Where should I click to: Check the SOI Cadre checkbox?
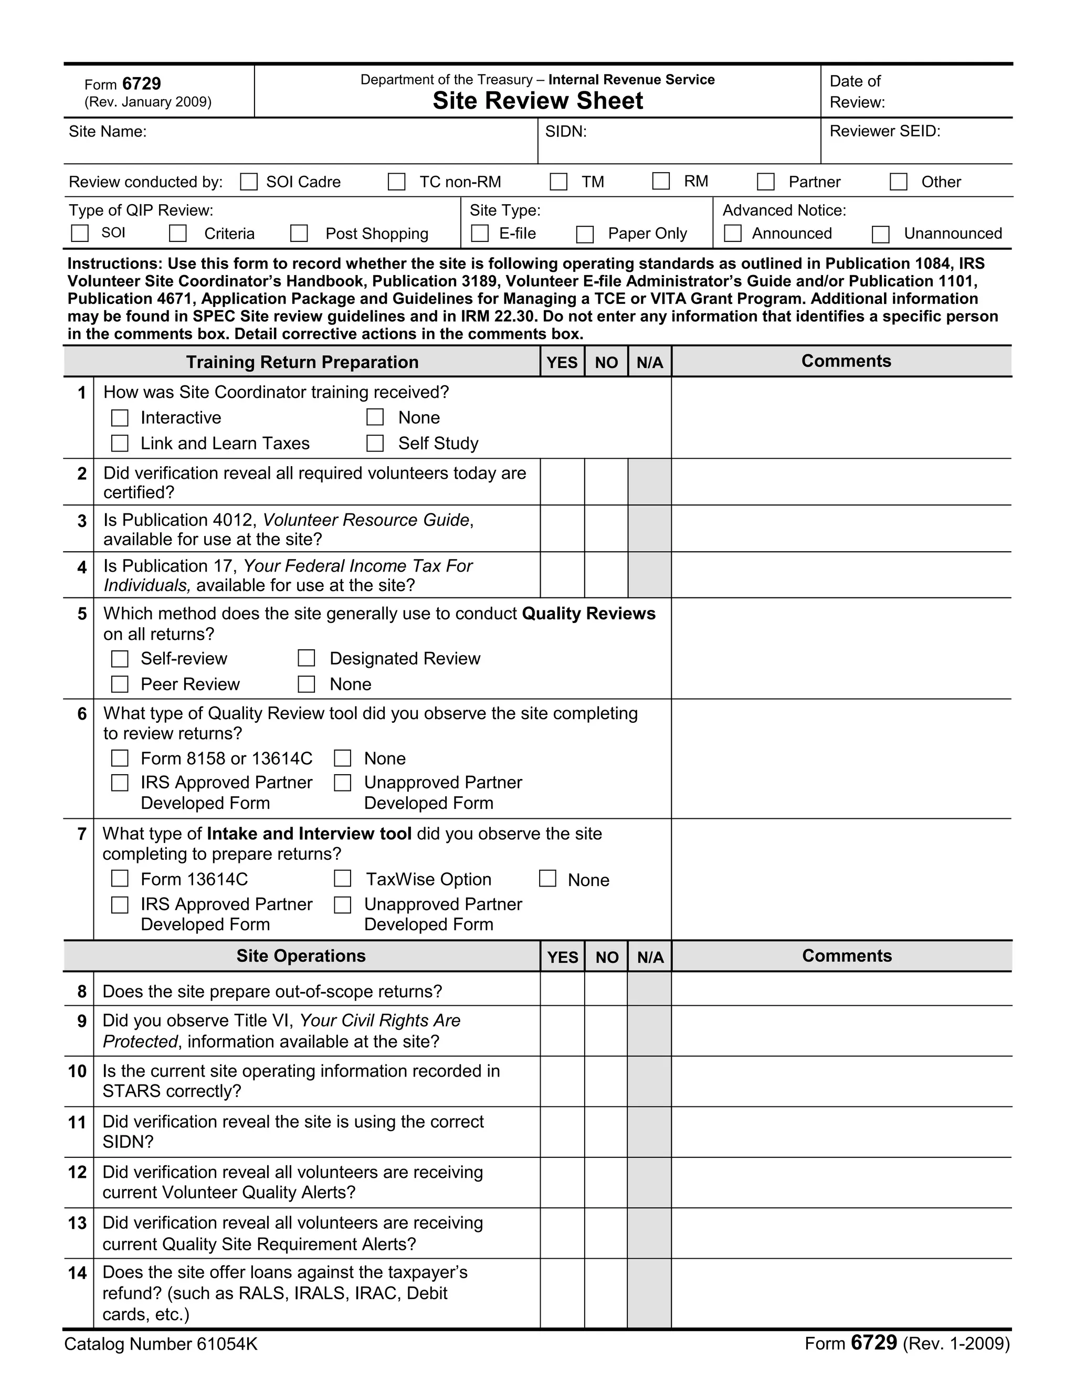point(248,182)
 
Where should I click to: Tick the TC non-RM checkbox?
point(397,182)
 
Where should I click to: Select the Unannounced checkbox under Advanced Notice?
point(880,235)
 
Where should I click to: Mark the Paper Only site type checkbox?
point(585,235)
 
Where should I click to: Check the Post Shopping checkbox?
point(299,233)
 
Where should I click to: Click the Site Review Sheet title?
point(537,101)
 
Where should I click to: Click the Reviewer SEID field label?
point(884,131)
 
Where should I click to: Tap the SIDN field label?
point(565,131)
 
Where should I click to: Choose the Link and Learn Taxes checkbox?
point(120,444)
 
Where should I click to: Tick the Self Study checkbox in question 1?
point(375,444)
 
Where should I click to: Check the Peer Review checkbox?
point(120,684)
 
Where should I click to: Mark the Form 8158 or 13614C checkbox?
point(120,758)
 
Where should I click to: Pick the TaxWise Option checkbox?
point(343,879)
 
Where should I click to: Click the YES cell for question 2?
point(562,482)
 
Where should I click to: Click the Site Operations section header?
point(301,956)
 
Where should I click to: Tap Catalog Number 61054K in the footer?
point(161,1344)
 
